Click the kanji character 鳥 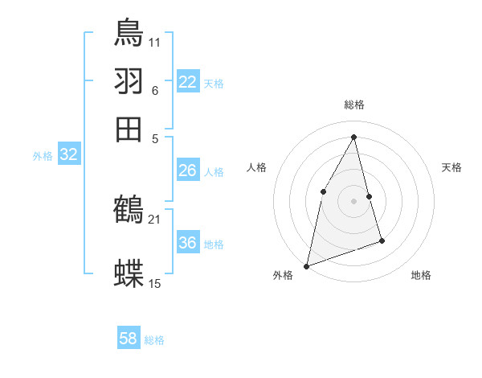pos(129,31)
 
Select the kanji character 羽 pos(129,80)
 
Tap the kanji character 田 pos(129,129)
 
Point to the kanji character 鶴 pos(129,210)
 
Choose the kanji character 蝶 pos(129,273)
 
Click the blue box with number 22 pos(188,82)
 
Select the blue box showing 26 pos(188,171)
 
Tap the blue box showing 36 pos(188,243)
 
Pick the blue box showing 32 pos(69,155)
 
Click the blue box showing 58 pos(129,339)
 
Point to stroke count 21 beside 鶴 pos(154,219)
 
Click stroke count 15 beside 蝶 pos(155,283)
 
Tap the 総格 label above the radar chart pos(354,105)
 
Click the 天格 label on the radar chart pos(451,167)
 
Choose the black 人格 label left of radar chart pos(256,167)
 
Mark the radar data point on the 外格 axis pos(306,265)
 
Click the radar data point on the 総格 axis pos(354,137)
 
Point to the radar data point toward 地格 pos(382,240)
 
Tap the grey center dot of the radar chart pos(354,200)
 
